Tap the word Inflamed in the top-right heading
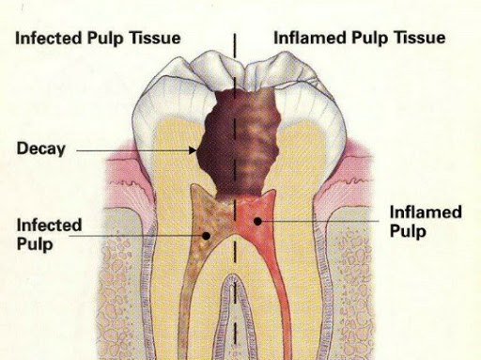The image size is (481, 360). point(310,38)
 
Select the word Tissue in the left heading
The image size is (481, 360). point(155,38)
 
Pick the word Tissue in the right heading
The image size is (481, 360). point(420,38)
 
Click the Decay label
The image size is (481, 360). point(41,149)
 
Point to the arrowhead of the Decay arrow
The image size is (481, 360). point(193,150)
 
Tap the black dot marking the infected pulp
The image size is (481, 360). point(206,236)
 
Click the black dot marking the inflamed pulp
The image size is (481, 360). point(257,221)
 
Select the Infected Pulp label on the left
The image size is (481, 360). point(49,234)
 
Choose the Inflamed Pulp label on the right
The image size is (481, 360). point(426,222)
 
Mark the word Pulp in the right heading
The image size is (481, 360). point(371,38)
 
